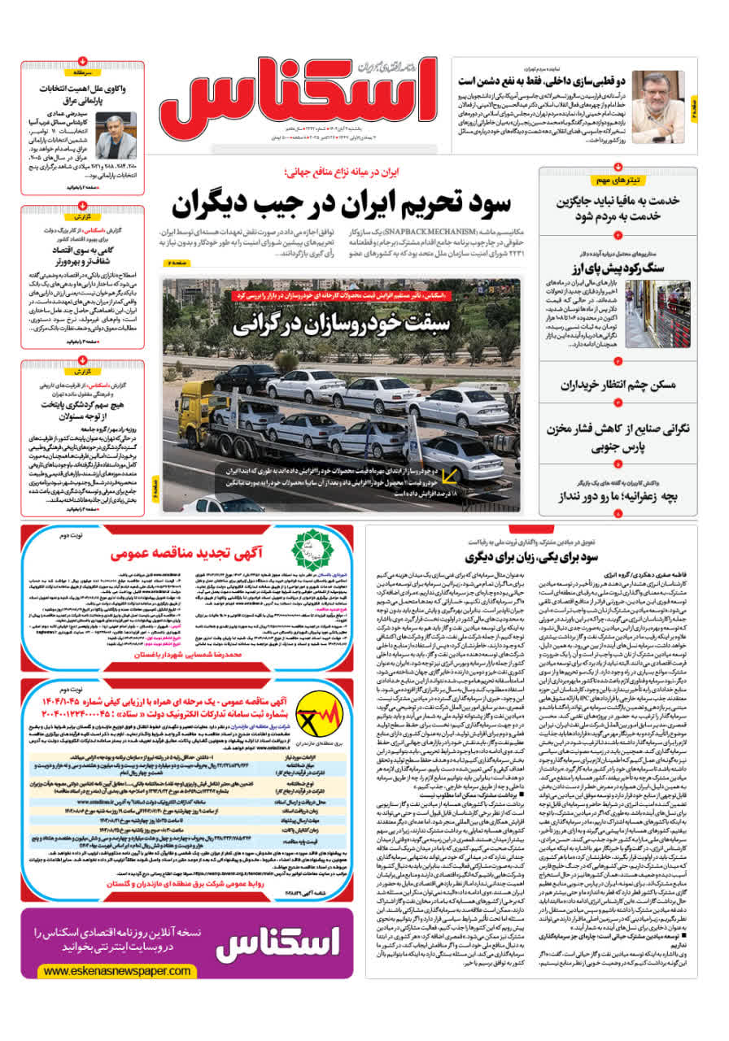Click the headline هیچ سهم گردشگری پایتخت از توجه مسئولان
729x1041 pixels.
click(84, 407)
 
